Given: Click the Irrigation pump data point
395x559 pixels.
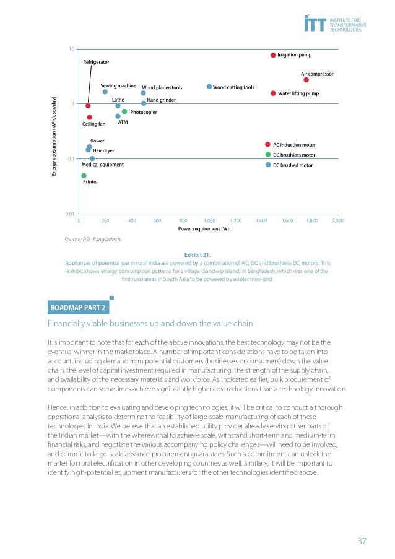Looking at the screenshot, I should click(272, 55).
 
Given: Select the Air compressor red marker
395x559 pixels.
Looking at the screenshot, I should click(306, 80).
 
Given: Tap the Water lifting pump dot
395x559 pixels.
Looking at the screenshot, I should click(273, 93).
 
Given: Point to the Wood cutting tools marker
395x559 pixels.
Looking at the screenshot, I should click(209, 87).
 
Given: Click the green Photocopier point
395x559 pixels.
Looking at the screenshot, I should click(124, 111).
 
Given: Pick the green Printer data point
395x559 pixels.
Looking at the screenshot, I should click(84, 176).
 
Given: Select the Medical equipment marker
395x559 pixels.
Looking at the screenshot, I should click(92, 158).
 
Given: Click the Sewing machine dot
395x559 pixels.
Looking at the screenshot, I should click(105, 92).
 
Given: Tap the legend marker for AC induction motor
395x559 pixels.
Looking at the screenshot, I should click(268, 144).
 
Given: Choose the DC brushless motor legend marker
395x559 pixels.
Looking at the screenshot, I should click(268, 155).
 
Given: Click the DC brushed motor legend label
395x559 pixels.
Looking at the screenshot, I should click(293, 165).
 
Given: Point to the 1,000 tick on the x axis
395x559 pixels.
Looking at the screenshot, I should click(209, 220).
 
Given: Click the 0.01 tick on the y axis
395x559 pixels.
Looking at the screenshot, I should click(70, 214).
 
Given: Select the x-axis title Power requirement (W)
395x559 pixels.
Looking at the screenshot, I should click(204, 229).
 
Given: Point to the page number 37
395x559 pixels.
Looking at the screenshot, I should click(362, 541).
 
